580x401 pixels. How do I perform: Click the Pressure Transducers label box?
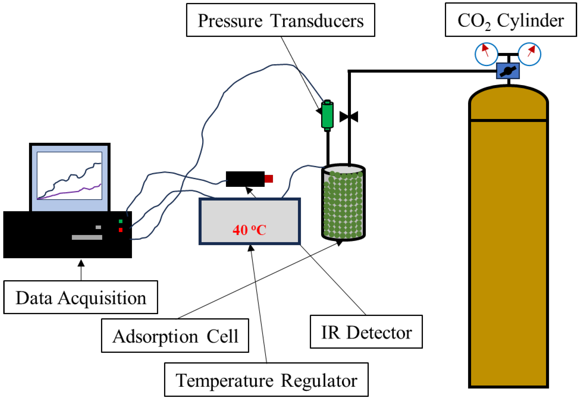[x=280, y=20]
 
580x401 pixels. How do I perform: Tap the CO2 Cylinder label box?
[x=510, y=20]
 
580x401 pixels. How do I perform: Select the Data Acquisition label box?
[x=81, y=298]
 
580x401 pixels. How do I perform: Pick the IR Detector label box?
[x=366, y=332]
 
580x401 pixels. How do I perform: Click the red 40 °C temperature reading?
[x=249, y=230]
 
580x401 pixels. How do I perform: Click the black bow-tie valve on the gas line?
[x=349, y=117]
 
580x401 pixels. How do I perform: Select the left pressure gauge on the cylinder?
[x=486, y=54]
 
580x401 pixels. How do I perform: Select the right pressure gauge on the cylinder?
[x=529, y=54]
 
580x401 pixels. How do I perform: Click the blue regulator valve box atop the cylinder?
[x=508, y=71]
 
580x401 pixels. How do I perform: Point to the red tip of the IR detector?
[x=269, y=179]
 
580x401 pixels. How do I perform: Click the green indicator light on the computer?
[x=121, y=221]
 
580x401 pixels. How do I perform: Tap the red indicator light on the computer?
[x=121, y=230]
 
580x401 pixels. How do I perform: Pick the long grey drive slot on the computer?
[x=87, y=237]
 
